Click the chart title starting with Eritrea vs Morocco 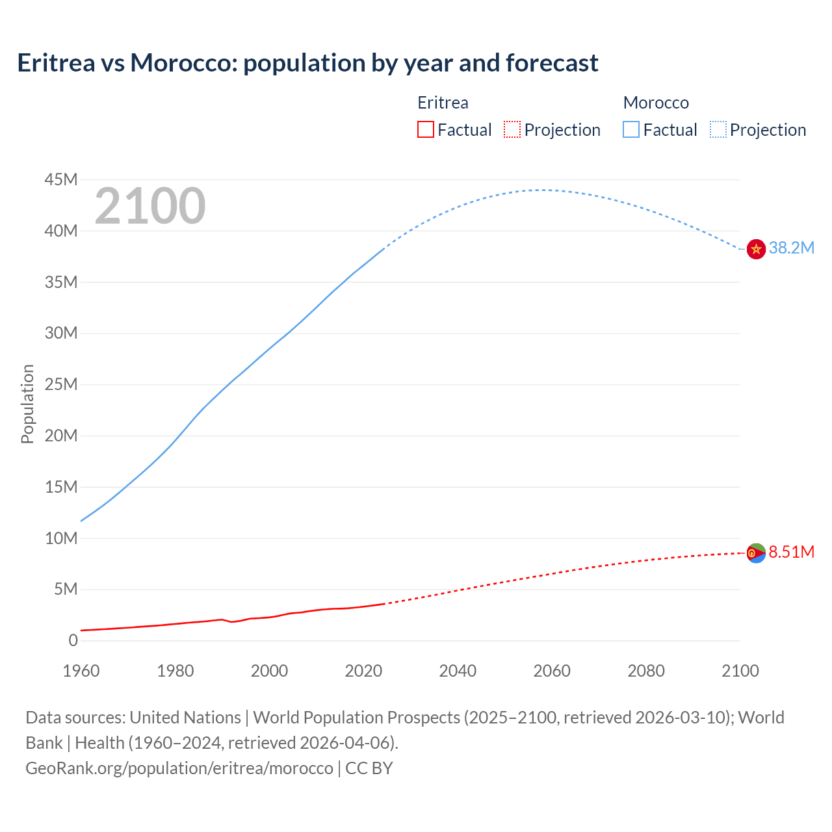pos(307,63)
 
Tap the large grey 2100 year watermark pos(150,206)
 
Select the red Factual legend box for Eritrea pos(425,130)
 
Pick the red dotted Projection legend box pos(512,130)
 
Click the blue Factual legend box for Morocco pos(631,130)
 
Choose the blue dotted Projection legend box pos(718,130)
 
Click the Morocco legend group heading pos(656,103)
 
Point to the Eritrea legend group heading pos(443,103)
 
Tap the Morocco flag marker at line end pos(756,249)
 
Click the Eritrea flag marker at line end pos(756,553)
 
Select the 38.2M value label pos(791,248)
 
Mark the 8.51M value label pos(791,552)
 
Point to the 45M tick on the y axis pos(61,179)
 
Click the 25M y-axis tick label pos(61,384)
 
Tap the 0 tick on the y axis pos(73,640)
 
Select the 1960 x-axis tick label pos(81,671)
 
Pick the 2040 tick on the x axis pos(458,671)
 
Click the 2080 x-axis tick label pos(646,671)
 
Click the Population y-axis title pos(27,404)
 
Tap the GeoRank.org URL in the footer pos(179,768)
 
